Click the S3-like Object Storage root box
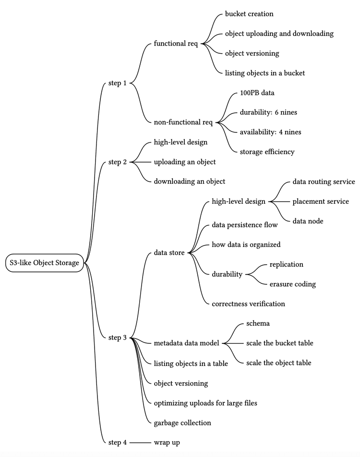tap(45, 263)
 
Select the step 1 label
tap(118, 83)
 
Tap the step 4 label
tap(118, 442)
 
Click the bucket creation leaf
tap(249, 14)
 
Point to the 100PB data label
tap(257, 93)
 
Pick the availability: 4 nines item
tap(271, 132)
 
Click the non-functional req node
tap(183, 122)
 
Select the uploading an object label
tap(185, 162)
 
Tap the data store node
tap(169, 253)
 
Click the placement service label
tap(321, 201)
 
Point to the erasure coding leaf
tap(293, 284)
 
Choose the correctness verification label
tap(248, 304)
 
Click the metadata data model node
tap(186, 343)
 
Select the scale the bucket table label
tap(279, 343)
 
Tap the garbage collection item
tap(182, 422)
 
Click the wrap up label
tap(167, 442)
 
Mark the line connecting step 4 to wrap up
tap(140, 442)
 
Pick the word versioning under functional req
tap(264, 53)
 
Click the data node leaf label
tap(308, 221)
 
